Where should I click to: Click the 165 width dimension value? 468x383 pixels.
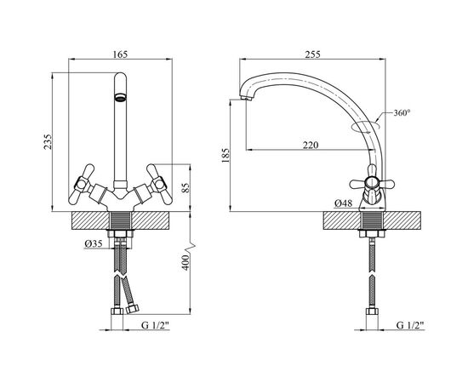(120, 54)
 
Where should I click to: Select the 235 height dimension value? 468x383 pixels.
(48, 142)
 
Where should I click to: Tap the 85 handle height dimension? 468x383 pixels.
(185, 188)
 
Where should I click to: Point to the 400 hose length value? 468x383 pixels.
(185, 263)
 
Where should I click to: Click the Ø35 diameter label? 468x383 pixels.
(94, 244)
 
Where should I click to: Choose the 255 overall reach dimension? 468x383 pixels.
(312, 54)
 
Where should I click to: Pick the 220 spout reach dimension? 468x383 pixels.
(311, 145)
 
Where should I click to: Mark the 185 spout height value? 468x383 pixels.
(225, 155)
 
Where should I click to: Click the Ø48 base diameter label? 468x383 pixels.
(343, 203)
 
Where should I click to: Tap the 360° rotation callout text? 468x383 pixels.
(402, 113)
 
